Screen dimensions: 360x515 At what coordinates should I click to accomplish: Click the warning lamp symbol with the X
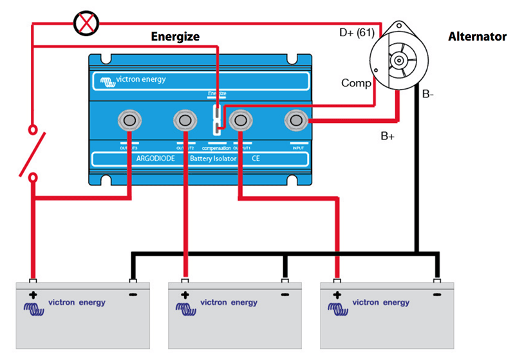(x=84, y=24)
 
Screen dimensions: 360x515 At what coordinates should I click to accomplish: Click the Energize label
(x=174, y=37)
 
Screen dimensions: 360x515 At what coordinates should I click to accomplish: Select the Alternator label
(x=477, y=37)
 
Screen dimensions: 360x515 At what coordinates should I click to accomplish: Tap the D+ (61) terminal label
(x=357, y=32)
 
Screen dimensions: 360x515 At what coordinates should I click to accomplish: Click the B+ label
(x=388, y=136)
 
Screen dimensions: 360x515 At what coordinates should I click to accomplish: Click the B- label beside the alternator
(x=428, y=94)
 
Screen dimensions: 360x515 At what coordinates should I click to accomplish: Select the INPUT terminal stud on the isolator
(x=296, y=120)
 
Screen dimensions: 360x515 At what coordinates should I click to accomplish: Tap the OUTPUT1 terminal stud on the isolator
(x=240, y=120)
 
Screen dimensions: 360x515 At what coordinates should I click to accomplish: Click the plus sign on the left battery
(x=32, y=295)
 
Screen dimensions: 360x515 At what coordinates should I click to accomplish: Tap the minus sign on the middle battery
(x=284, y=295)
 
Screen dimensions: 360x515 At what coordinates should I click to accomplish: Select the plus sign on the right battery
(x=336, y=295)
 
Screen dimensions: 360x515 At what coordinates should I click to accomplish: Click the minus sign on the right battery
(x=436, y=295)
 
